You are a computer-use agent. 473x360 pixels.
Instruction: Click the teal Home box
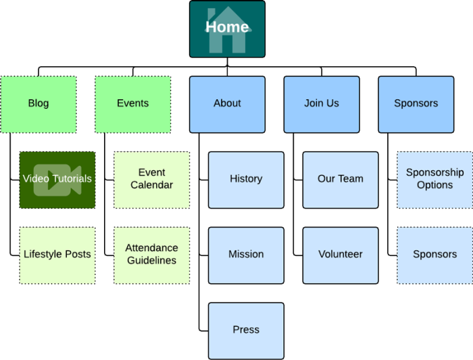coord(227,29)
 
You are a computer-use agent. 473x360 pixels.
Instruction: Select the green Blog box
coord(39,104)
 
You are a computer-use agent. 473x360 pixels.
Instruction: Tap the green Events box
coord(132,104)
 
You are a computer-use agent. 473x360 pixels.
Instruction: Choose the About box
coord(227,104)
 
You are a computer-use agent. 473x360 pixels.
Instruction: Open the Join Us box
coord(322,104)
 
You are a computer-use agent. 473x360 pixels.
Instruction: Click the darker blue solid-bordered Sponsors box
coord(416,104)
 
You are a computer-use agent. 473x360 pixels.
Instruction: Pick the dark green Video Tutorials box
coord(57,180)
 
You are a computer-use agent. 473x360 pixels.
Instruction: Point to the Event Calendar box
coord(151,180)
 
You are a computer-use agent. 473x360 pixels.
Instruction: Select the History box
coord(246,180)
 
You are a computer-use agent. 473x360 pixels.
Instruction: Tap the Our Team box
coord(341,180)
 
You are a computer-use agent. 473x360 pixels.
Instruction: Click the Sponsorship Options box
coord(434,180)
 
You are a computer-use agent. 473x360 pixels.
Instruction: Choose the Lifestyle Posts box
coord(57,255)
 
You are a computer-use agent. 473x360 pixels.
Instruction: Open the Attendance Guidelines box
coord(151,255)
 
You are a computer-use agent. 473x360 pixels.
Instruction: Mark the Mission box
coord(246,255)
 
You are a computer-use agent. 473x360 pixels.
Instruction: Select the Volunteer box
coord(341,255)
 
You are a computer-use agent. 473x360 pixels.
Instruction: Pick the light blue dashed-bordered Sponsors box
coord(434,255)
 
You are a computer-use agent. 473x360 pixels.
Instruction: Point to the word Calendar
coord(151,185)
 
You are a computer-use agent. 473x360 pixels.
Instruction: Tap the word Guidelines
coord(151,261)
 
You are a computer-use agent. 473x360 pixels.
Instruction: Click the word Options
coord(434,185)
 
